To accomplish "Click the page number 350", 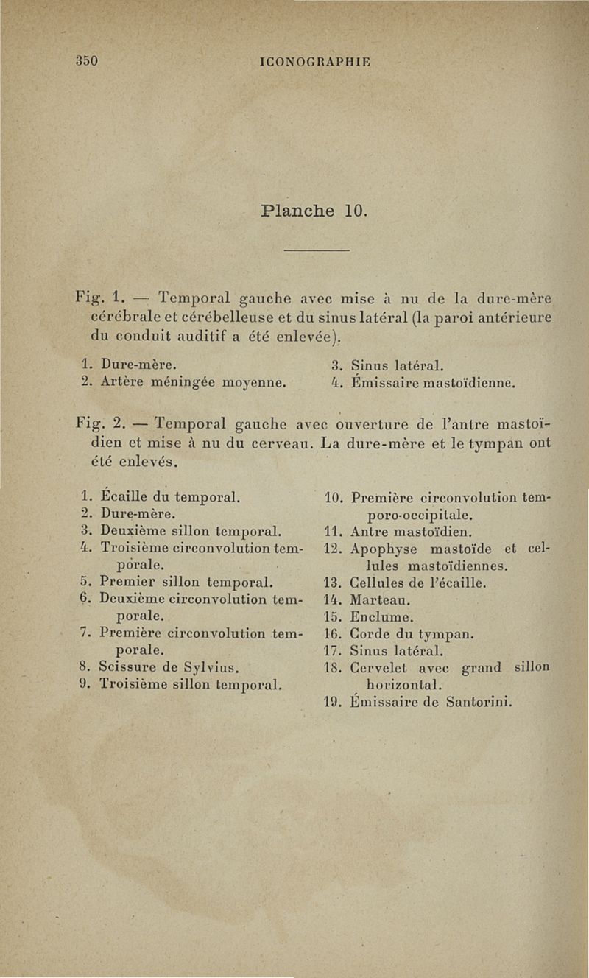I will click(86, 60).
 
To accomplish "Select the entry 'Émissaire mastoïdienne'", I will click(432, 382).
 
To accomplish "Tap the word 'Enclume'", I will click(381, 616).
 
